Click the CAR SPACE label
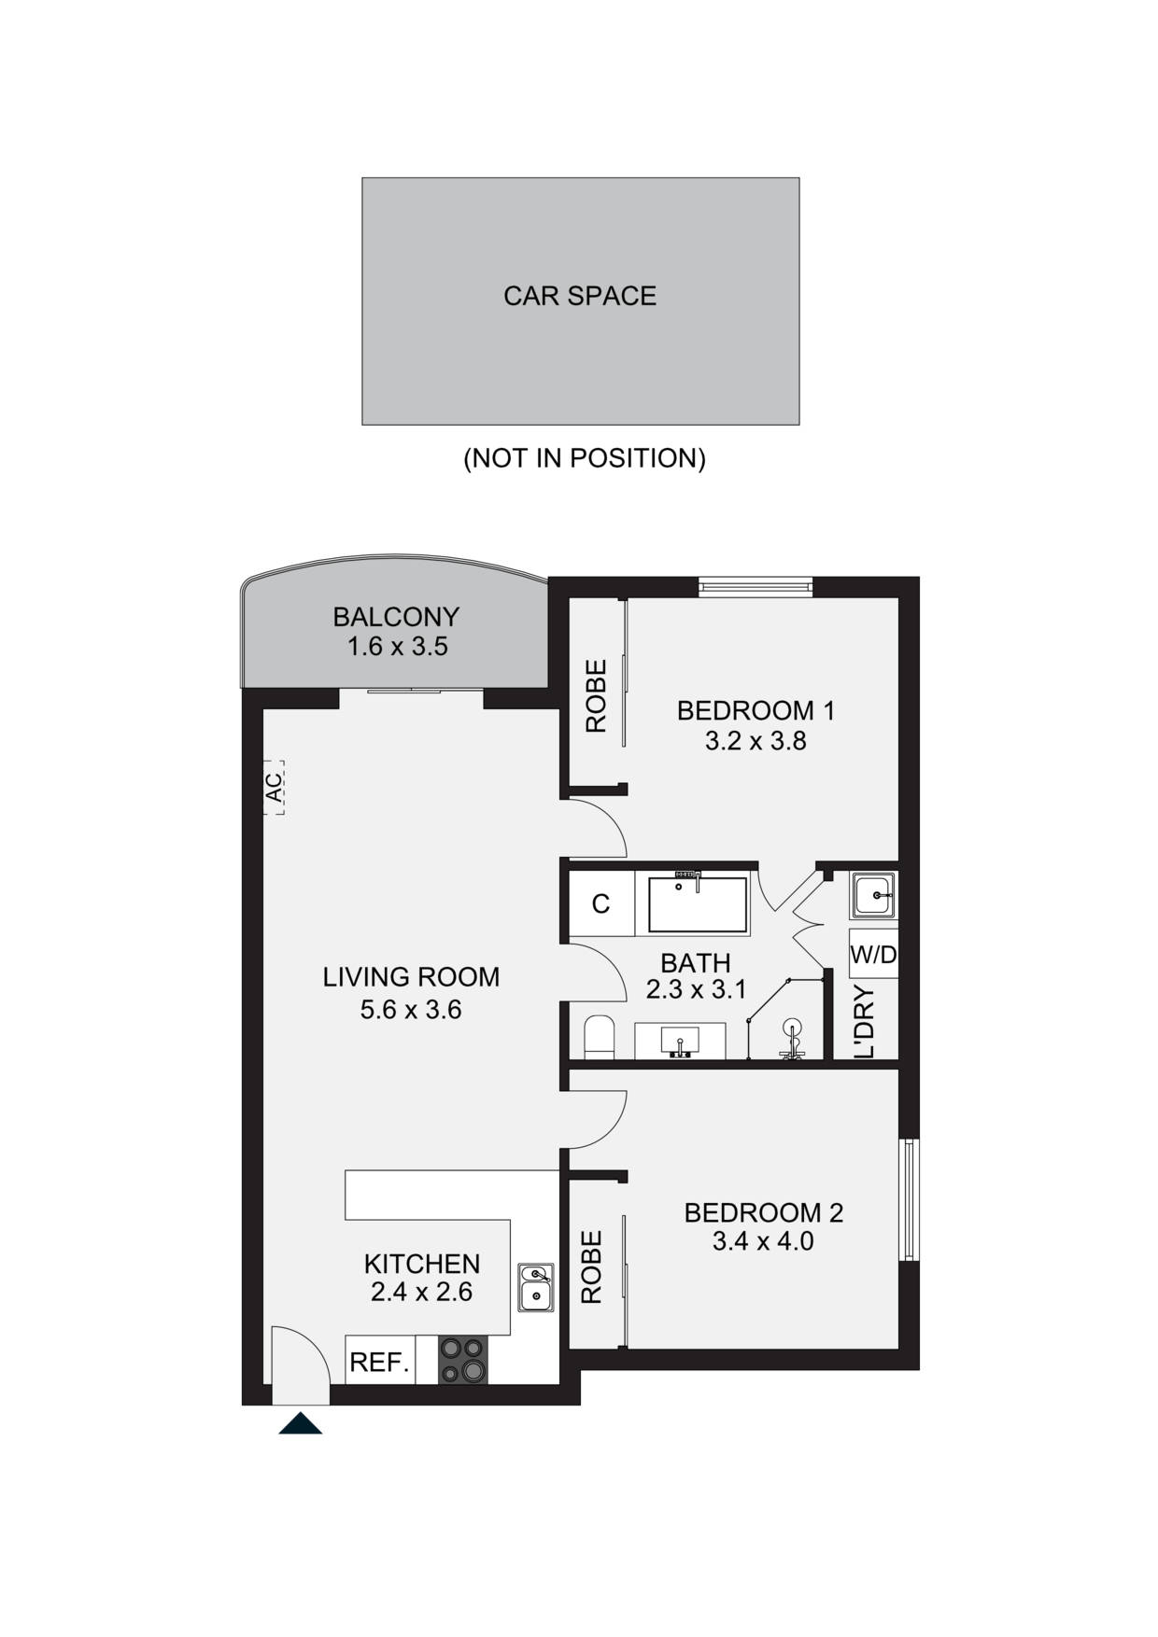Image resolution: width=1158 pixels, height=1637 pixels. [x=580, y=296]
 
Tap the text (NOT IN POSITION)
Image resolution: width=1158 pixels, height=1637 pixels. [x=585, y=458]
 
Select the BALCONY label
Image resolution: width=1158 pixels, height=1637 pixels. [x=396, y=617]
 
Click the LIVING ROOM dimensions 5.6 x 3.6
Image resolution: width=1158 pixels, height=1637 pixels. [x=411, y=1010]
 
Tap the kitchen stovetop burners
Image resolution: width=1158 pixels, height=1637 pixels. [x=463, y=1360]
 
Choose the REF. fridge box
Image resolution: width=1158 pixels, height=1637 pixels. [x=379, y=1362]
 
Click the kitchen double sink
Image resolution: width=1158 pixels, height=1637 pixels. [x=535, y=1287]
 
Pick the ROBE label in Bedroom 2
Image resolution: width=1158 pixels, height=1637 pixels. [x=592, y=1266]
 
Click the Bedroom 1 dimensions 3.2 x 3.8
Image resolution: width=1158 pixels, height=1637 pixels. [x=756, y=741]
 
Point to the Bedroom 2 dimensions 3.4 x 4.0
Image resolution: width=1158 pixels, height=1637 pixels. [x=763, y=1241]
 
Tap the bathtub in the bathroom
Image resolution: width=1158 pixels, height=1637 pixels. [x=698, y=903]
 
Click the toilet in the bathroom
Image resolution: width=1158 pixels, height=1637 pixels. [x=598, y=1039]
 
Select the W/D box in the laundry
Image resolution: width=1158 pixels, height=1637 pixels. [x=873, y=954]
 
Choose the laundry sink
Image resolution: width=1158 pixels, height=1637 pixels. [x=873, y=895]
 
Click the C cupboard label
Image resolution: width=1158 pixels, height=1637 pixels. [x=601, y=903]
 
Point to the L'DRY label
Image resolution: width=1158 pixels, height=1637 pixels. [x=865, y=1023]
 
